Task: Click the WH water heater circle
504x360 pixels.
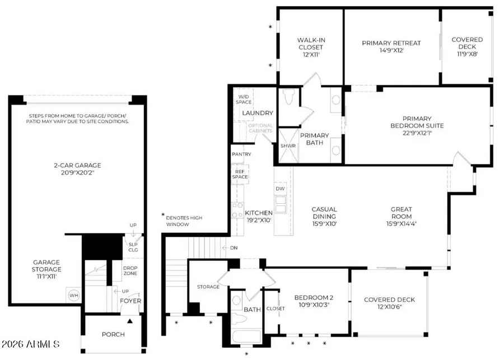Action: [x=73, y=295]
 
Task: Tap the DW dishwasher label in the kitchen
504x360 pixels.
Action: [x=280, y=189]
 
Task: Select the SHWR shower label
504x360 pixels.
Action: [x=288, y=146]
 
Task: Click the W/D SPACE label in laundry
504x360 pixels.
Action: [x=244, y=99]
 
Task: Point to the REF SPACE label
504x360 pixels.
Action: [x=240, y=174]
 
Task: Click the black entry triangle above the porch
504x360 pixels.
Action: [x=130, y=321]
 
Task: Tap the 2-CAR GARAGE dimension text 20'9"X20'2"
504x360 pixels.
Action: [x=77, y=172]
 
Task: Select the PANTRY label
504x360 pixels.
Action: [x=241, y=155]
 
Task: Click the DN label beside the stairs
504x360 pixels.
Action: [x=234, y=248]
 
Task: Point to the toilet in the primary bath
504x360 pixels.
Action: [x=288, y=96]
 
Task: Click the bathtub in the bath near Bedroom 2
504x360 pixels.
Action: [x=246, y=337]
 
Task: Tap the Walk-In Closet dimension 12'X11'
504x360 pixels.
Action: [x=311, y=54]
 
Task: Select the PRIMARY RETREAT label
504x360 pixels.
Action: [x=391, y=43]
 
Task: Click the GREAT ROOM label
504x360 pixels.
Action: [x=402, y=213]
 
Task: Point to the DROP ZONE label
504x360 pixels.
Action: [x=130, y=270]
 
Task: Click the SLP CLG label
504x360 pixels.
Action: [x=133, y=247]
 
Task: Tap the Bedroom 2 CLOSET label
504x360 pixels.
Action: [x=276, y=308]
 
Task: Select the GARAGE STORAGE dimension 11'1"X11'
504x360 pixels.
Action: [x=46, y=276]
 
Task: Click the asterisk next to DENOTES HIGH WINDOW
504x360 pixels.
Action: [x=163, y=214]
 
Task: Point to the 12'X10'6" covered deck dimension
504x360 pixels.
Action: [x=390, y=307]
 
